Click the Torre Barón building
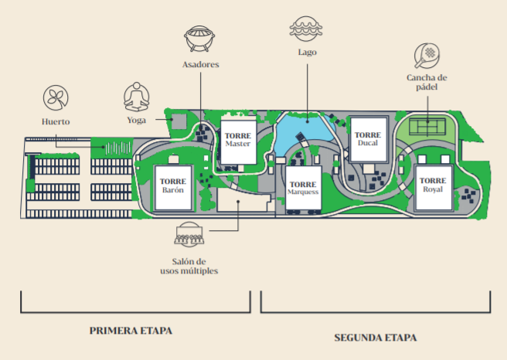(x=172, y=186)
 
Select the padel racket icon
(x=427, y=54)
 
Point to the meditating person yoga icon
(x=138, y=97)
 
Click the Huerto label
(x=56, y=121)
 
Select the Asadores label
(x=200, y=65)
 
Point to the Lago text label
(x=307, y=53)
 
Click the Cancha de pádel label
(x=427, y=82)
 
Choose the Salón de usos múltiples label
(x=189, y=266)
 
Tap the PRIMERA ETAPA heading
(x=131, y=330)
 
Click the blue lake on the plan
(x=298, y=127)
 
